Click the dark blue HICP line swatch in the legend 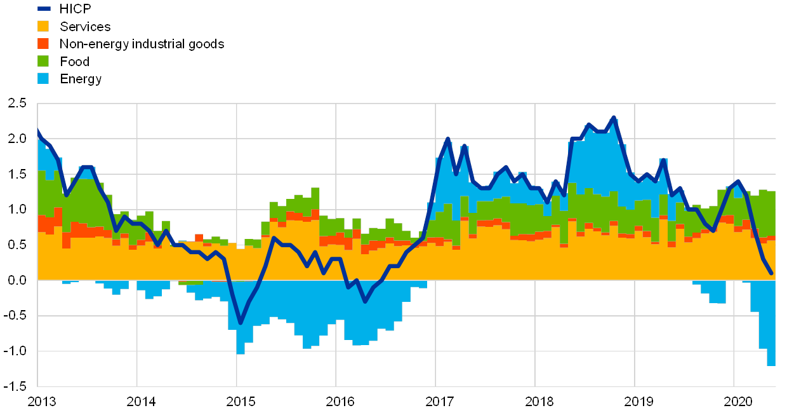tap(44, 8)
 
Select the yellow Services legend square tap(44, 26)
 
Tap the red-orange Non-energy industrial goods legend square tap(44, 44)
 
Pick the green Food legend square tap(44, 62)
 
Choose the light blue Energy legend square tap(44, 79)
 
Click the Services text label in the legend tap(86, 26)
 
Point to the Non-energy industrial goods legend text tap(142, 44)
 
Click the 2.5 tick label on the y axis tap(17, 103)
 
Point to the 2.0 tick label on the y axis tap(17, 139)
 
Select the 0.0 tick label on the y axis tap(17, 280)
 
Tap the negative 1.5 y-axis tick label tap(17, 386)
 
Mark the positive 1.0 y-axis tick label tap(17, 209)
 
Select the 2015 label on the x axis tap(241, 402)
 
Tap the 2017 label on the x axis tap(440, 402)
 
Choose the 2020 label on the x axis tap(738, 402)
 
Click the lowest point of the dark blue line tap(241, 323)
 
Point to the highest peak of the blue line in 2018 tap(614, 117)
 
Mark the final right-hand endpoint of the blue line tap(770, 273)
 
